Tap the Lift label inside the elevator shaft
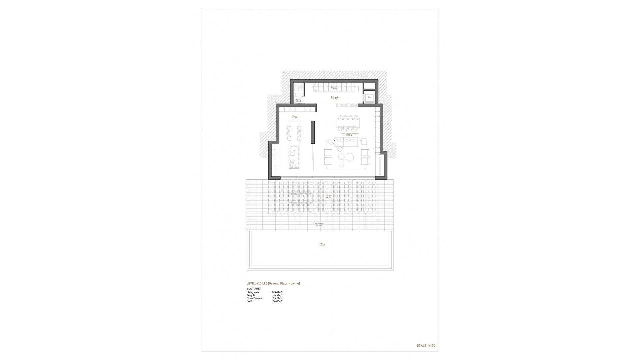[369, 97]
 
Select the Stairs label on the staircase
[333, 88]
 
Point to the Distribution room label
[335, 98]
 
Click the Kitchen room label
[294, 117]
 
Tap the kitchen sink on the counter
[59, 153]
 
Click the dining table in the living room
[347, 123]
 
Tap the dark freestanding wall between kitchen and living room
[313, 132]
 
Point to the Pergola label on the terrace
[329, 196]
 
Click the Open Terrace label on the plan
[319, 224]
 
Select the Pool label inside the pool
[321, 244]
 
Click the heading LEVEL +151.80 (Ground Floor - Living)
[273, 284]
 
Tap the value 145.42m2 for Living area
[277, 292]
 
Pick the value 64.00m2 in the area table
[277, 301]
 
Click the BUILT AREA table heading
[254, 289]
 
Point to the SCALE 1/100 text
[426, 346]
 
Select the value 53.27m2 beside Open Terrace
[277, 298]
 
